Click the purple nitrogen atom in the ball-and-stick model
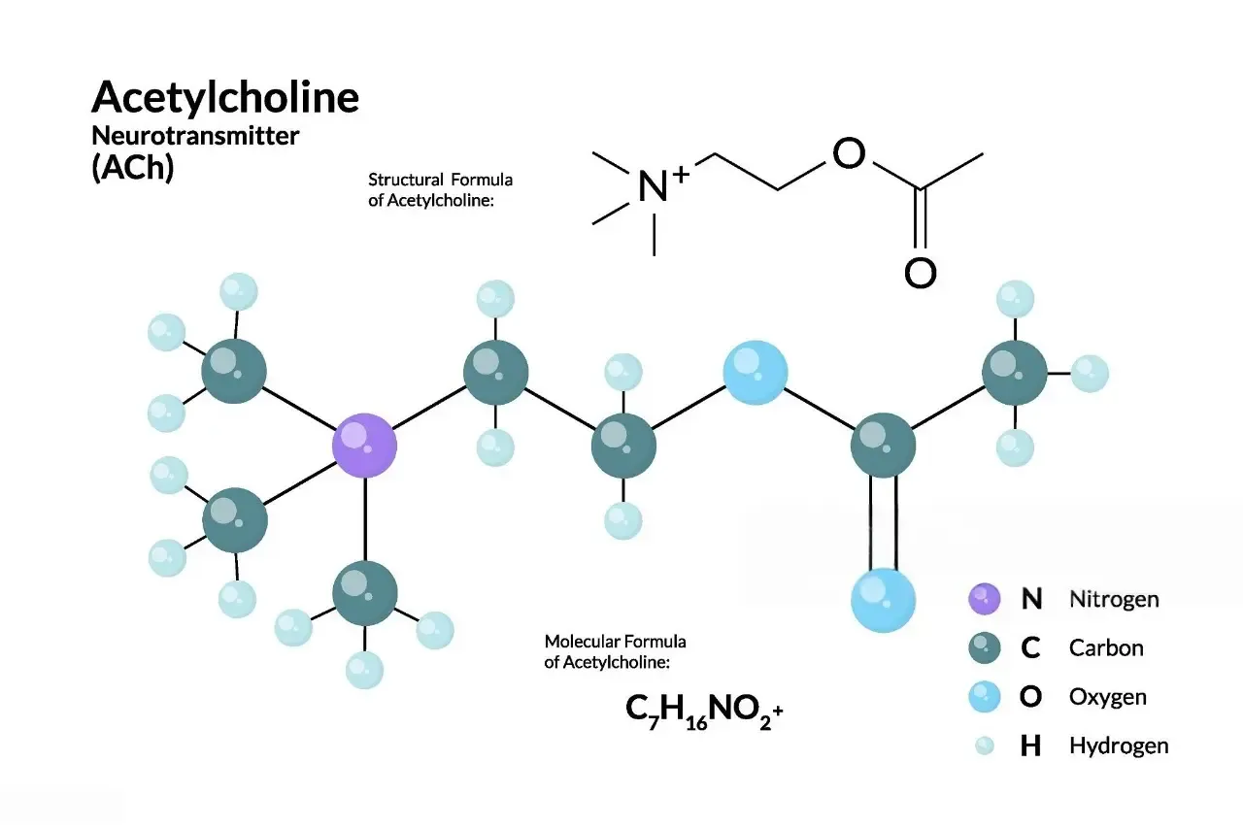tap(364, 446)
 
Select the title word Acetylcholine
tap(225, 97)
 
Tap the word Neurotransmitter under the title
tap(195, 136)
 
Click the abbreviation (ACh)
tap(133, 167)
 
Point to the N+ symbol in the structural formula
tap(663, 183)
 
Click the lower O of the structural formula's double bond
tap(921, 273)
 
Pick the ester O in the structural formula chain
tap(849, 153)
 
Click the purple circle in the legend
tap(985, 599)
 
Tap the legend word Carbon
tap(1106, 647)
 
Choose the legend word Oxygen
tap(1108, 697)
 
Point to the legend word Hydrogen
tap(1119, 745)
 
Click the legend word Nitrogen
tap(1114, 600)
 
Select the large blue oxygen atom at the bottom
tap(883, 600)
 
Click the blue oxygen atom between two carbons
tap(756, 373)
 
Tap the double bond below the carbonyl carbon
tap(883, 522)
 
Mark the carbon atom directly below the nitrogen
tap(365, 593)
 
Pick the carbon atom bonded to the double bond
tap(883, 446)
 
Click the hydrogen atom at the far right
tap(1090, 374)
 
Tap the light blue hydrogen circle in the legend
tap(985, 745)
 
